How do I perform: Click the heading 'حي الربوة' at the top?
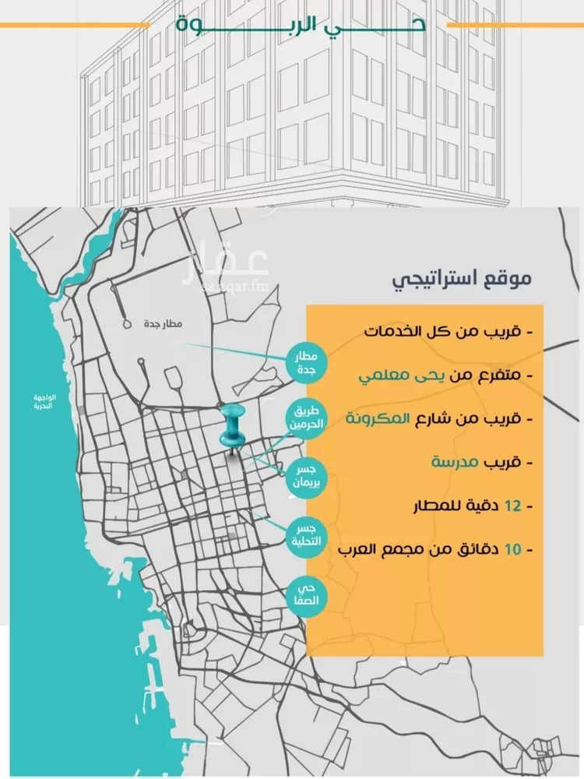click(301, 24)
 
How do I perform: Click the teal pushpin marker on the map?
click(231, 428)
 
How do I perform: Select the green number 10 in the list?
click(512, 550)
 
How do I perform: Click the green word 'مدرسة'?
click(454, 462)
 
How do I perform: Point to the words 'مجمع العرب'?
click(382, 550)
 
